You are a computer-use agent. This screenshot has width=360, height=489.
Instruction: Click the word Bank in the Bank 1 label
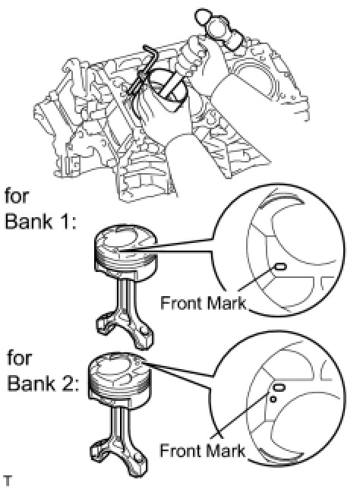29,221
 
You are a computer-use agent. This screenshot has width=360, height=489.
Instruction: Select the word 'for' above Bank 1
17,196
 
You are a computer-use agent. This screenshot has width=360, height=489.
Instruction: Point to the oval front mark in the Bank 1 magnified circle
279,267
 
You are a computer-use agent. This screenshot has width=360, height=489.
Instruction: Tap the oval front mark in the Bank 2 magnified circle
279,388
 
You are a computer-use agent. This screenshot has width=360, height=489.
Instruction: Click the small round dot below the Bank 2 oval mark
273,399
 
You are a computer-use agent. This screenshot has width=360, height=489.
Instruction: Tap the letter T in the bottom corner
7,481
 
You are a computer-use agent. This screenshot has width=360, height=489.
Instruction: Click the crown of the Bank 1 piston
125,239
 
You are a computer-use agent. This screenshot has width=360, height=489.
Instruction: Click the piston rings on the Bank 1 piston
126,258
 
